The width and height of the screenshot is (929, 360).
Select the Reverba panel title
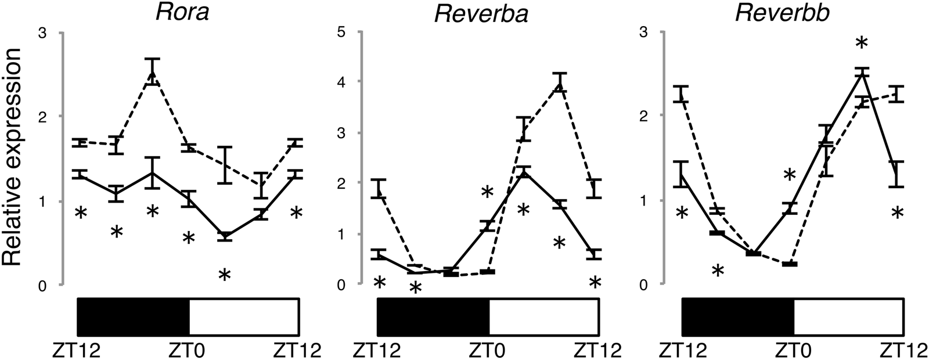coord(481,13)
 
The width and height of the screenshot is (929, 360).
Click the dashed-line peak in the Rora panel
coord(152,72)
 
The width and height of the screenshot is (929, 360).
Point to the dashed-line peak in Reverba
coord(559,83)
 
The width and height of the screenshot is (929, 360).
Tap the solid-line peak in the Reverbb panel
coord(862,73)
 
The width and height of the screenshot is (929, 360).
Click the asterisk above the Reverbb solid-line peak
coord(862,44)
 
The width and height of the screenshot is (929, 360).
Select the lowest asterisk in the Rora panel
coord(224,275)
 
